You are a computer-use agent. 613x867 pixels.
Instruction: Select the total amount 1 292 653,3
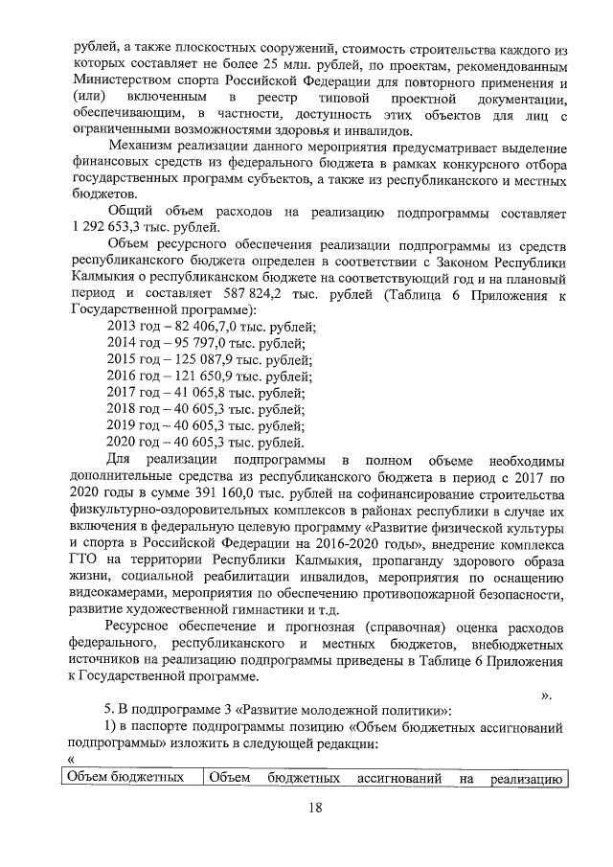(109, 227)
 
